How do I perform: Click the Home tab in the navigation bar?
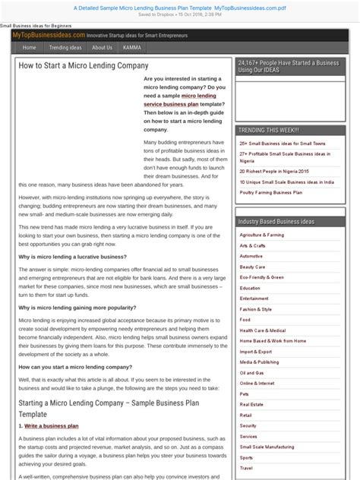click(x=29, y=47)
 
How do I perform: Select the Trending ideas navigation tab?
click(x=65, y=47)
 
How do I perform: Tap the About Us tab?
click(x=102, y=47)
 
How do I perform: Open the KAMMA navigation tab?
click(x=131, y=47)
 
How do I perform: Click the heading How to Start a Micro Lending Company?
click(x=84, y=66)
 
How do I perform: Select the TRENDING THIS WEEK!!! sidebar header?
click(x=268, y=130)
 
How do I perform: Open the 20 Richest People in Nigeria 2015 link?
click(x=273, y=172)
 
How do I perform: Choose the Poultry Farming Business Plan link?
click(x=270, y=193)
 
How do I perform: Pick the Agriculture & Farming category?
click(x=262, y=235)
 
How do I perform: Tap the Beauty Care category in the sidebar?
click(x=252, y=267)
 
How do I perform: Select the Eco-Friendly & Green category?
click(x=262, y=278)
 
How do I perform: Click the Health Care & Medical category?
click(x=263, y=331)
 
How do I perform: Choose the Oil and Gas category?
click(x=252, y=373)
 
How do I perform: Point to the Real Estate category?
click(x=251, y=405)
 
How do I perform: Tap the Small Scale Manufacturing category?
click(x=267, y=447)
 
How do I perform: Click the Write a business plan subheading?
click(x=50, y=426)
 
